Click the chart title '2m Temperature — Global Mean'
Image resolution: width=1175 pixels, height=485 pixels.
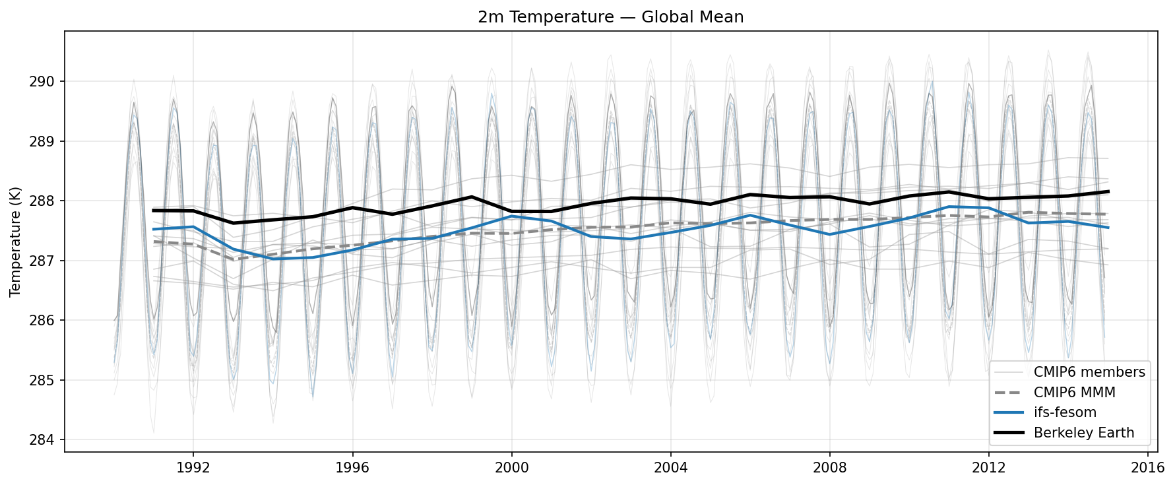(610, 17)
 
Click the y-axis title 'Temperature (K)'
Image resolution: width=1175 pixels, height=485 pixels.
(16, 242)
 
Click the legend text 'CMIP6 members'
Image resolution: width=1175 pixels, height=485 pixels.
(1089, 372)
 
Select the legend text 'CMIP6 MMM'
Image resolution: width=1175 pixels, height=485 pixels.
(1074, 393)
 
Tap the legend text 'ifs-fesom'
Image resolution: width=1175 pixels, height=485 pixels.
(1065, 413)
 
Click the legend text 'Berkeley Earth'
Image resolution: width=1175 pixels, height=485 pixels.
(1083, 434)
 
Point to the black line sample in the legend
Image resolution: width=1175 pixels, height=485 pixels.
(1009, 433)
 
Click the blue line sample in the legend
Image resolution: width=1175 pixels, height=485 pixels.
(1009, 413)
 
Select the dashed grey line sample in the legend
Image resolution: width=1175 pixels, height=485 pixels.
(1009, 393)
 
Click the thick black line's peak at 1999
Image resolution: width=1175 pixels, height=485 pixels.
(472, 197)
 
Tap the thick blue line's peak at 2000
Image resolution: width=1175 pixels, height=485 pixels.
(511, 216)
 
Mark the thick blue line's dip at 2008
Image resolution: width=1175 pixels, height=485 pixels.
(829, 234)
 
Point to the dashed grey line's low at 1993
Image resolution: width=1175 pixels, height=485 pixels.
(233, 259)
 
